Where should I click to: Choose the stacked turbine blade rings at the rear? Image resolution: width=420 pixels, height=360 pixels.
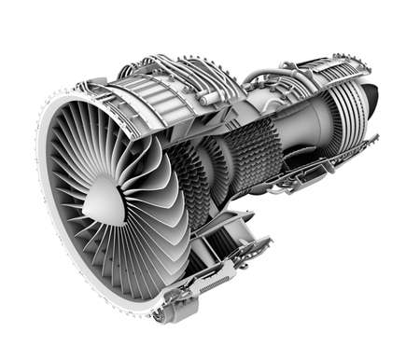coord(347,117)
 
